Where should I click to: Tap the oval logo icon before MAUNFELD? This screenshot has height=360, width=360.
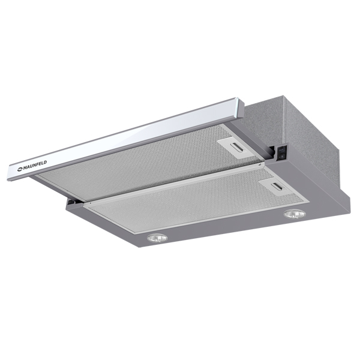coord(20,170)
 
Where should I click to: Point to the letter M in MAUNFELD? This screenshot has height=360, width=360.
coord(25,169)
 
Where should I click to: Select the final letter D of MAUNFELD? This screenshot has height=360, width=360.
coord(45,163)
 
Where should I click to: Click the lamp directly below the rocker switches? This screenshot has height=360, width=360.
coord(295,214)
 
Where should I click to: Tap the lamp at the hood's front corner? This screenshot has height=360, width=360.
coord(157,238)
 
